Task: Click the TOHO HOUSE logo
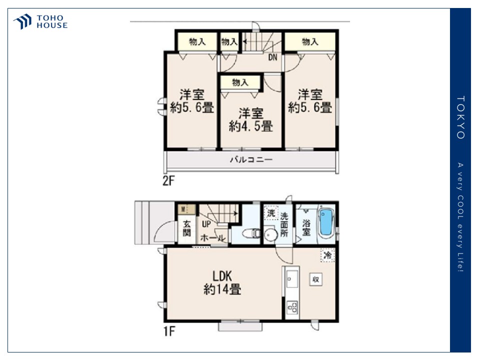click(40, 21)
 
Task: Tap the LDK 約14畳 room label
click(222, 282)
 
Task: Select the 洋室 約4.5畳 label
click(250, 119)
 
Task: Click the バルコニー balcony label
click(251, 159)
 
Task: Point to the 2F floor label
click(168, 181)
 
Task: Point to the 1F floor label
click(169, 331)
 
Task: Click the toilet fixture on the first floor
click(251, 233)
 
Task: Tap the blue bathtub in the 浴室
click(326, 222)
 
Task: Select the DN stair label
click(272, 57)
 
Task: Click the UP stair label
click(206, 224)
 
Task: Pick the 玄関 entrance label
click(186, 228)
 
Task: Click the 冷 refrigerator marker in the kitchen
click(327, 255)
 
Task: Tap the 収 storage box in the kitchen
click(315, 279)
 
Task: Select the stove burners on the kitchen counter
click(292, 307)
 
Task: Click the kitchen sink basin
click(292, 279)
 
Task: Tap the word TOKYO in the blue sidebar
click(460, 117)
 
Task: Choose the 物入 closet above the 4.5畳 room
click(240, 82)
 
